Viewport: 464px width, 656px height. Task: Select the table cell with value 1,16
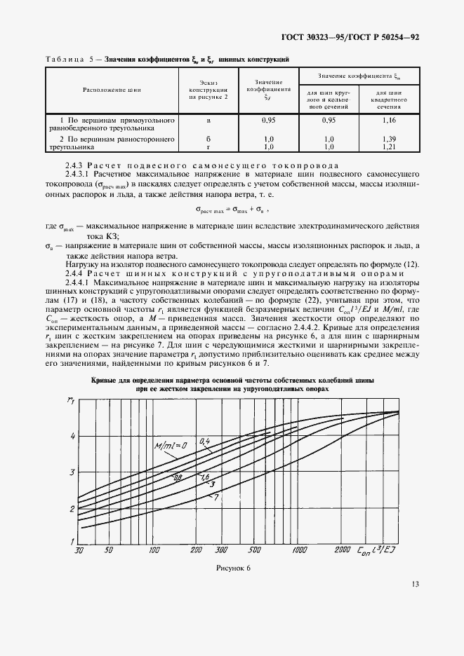pyautogui.click(x=388, y=121)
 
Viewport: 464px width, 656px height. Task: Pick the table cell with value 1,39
pyautogui.click(x=388, y=139)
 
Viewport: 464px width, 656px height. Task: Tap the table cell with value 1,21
pyautogui.click(x=388, y=147)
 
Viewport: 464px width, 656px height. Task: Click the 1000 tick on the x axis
pyautogui.click(x=300, y=550)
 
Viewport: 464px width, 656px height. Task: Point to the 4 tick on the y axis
pyautogui.click(x=71, y=436)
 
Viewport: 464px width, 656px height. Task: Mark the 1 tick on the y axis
pyautogui.click(x=71, y=541)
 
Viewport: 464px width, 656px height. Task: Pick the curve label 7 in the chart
pyautogui.click(x=217, y=497)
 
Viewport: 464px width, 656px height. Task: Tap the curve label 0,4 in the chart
pyautogui.click(x=205, y=441)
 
